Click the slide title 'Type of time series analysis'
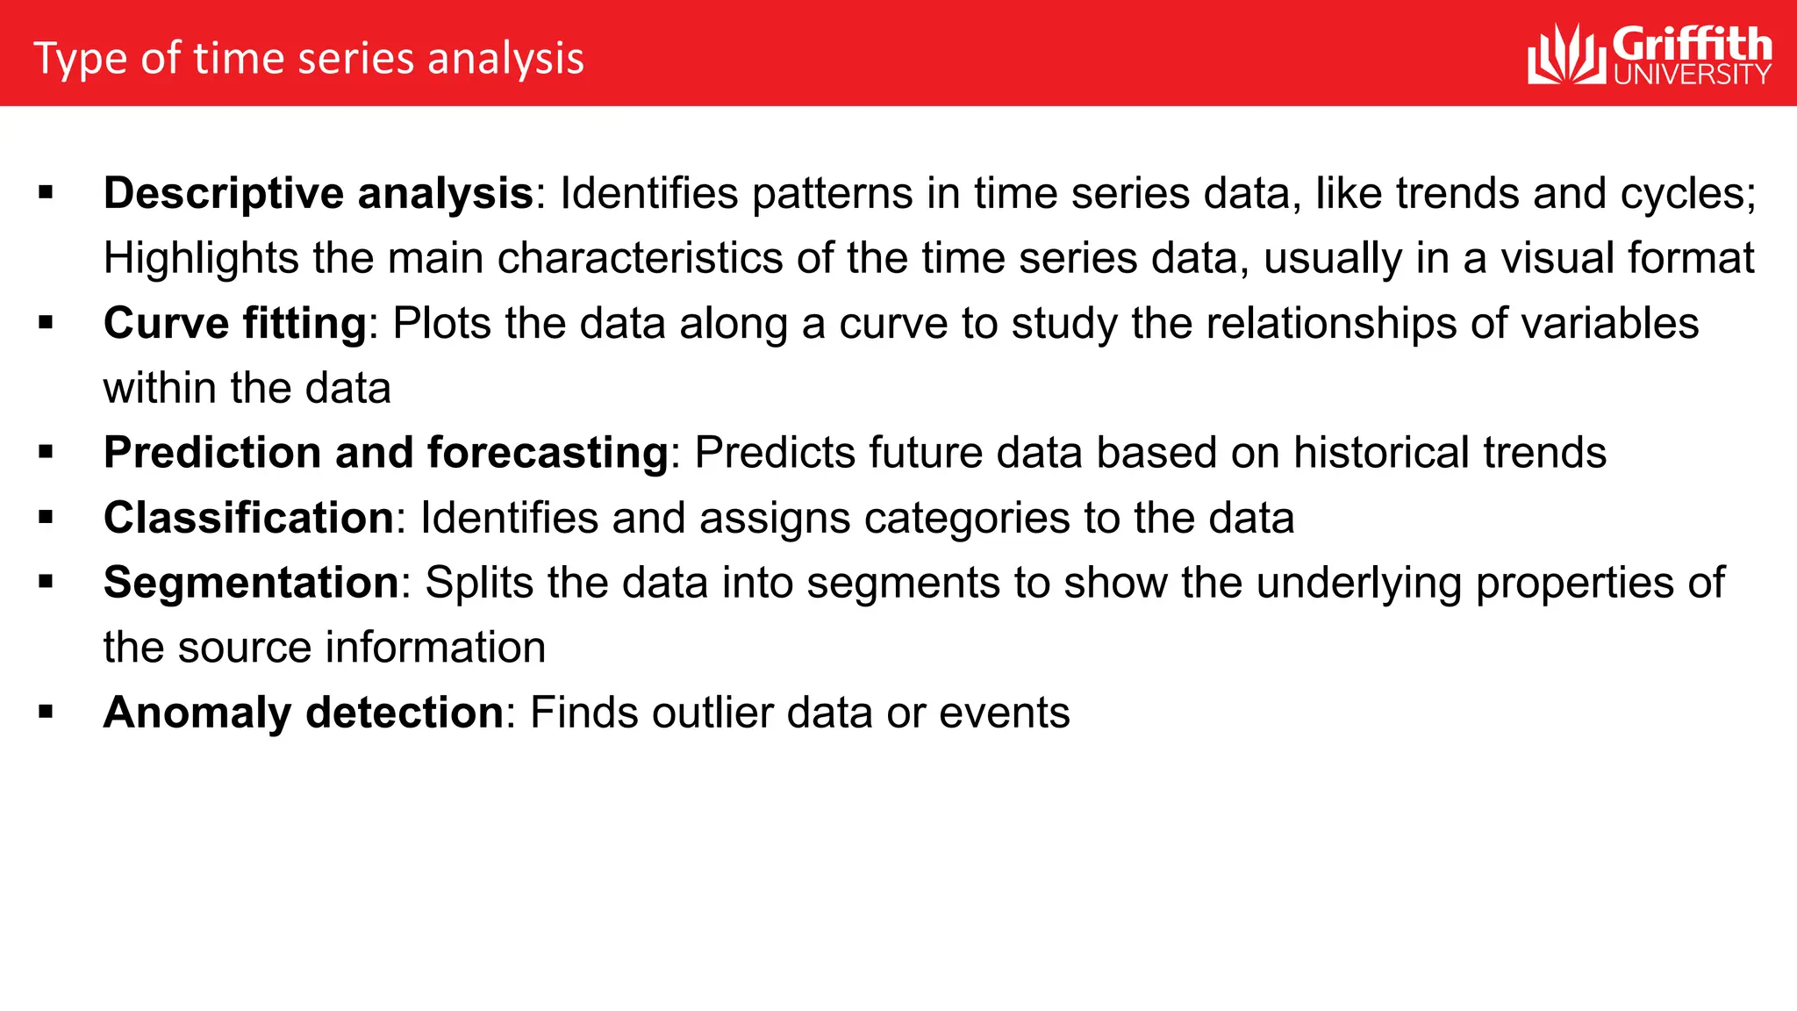point(309,59)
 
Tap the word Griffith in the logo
point(1692,45)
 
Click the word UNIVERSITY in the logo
point(1692,75)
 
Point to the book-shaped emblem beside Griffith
point(1567,55)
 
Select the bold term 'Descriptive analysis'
point(319,193)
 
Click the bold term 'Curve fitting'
point(235,323)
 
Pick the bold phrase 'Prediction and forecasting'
point(386,453)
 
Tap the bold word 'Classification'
point(249,518)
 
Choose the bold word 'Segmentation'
point(252,583)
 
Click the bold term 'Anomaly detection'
point(304,713)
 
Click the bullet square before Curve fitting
point(47,322)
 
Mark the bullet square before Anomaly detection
point(47,712)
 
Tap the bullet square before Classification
point(47,517)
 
